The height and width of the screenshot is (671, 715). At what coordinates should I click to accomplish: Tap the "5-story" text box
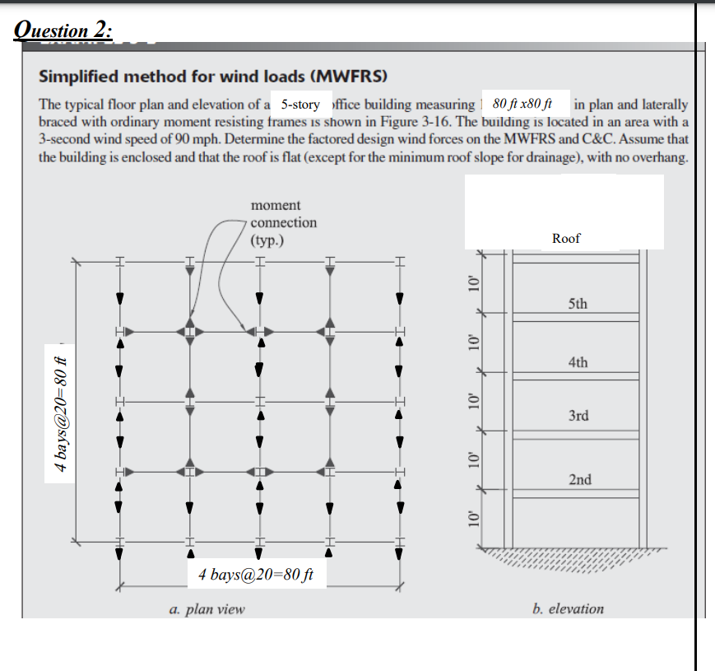(x=299, y=105)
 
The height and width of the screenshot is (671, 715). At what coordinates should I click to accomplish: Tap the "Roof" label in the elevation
(x=566, y=238)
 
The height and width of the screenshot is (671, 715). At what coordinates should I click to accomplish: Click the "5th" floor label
(x=578, y=304)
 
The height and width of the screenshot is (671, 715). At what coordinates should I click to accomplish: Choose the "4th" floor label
(x=578, y=361)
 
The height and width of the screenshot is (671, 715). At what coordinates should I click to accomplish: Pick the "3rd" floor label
(x=578, y=416)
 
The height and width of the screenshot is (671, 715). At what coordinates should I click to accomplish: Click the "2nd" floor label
(x=579, y=479)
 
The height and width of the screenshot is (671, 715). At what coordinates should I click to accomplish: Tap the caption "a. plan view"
(x=207, y=610)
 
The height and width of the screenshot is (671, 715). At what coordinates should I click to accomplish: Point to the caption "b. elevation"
(x=568, y=609)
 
